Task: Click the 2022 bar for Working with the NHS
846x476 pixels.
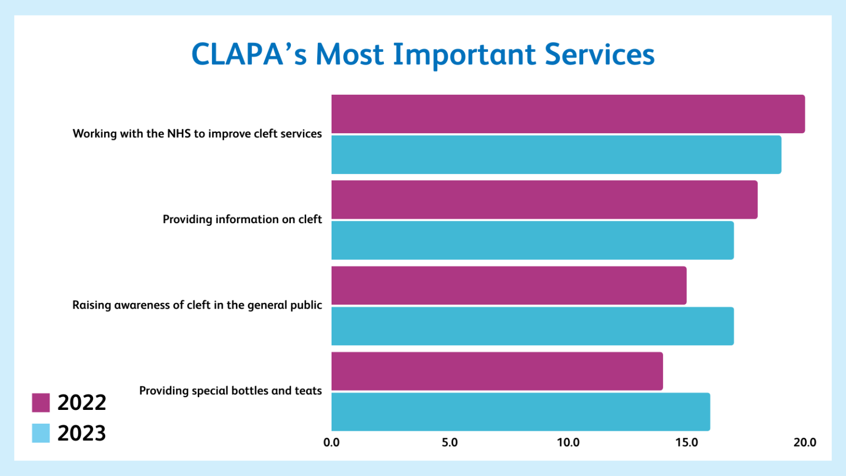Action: (568, 114)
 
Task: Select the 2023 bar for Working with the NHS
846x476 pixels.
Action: (556, 155)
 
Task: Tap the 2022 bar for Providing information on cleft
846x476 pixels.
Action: (544, 199)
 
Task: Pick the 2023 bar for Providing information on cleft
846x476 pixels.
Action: (533, 240)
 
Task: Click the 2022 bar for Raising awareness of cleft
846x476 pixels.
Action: (509, 285)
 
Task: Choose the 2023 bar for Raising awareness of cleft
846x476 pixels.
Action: (533, 326)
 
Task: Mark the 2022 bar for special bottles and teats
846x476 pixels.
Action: (497, 371)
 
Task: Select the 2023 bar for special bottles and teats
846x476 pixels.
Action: (520, 412)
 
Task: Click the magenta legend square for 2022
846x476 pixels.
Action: (41, 403)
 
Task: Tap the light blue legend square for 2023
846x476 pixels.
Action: (41, 433)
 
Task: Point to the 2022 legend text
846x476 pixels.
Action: (82, 403)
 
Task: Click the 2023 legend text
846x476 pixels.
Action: (82, 433)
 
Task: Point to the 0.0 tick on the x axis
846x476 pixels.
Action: (332, 442)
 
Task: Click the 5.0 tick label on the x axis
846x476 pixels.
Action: (449, 442)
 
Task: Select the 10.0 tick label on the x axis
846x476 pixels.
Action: (568, 442)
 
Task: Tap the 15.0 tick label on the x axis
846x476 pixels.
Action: (686, 442)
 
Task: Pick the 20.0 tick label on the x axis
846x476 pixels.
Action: (805, 442)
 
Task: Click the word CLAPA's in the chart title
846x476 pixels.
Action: (249, 55)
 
